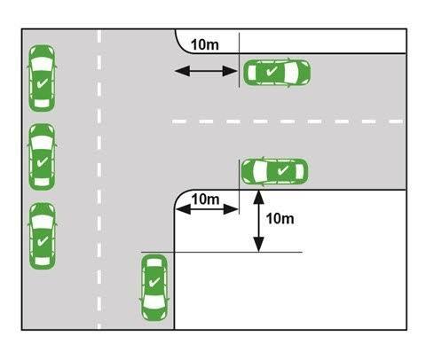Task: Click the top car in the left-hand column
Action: (42, 78)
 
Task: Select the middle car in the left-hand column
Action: (42, 157)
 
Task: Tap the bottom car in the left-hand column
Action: (42, 236)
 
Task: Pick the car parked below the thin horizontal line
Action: (154, 288)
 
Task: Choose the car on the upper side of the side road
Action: (277, 73)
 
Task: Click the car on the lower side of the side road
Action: (275, 172)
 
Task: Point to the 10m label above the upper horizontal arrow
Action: (205, 45)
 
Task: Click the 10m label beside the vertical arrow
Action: (280, 219)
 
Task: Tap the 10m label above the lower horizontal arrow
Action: (205, 200)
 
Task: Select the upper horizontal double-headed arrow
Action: (206, 71)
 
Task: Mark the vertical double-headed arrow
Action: (259, 221)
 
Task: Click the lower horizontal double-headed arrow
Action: (207, 209)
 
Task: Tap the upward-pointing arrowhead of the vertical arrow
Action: (259, 197)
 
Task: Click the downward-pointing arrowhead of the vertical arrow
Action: (259, 245)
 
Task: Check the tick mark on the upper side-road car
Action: (272, 71)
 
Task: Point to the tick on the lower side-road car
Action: (283, 170)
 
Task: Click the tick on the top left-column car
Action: (43, 83)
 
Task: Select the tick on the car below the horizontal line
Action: (154, 282)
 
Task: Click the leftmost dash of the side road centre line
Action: (179, 121)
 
